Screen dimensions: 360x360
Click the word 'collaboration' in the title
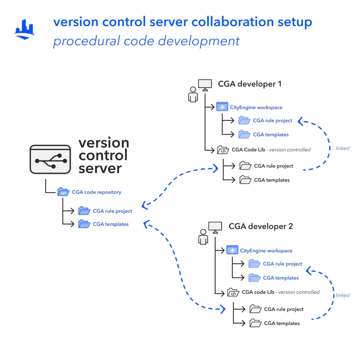[x=233, y=22]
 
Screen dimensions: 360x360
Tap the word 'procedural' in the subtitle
[x=86, y=41]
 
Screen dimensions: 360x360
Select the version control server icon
[x=50, y=160]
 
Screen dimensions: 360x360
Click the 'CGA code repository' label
[x=96, y=192]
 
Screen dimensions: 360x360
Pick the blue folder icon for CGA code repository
[x=63, y=192]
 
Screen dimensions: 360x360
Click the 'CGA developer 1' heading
[x=250, y=84]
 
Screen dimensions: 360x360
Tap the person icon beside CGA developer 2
[x=203, y=237]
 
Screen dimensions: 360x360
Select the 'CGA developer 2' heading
[x=261, y=226]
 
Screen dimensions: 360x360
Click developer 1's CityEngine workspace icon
[x=222, y=107]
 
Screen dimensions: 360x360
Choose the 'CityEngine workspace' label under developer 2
[x=266, y=251]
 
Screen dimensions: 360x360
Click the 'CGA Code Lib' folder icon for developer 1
[x=223, y=150]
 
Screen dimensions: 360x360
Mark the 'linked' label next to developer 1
[x=343, y=148]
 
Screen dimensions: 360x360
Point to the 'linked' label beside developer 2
[x=343, y=295]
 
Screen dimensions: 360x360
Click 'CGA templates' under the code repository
[x=111, y=224]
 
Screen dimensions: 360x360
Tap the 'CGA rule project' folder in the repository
[x=84, y=211]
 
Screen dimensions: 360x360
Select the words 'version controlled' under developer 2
[x=299, y=292]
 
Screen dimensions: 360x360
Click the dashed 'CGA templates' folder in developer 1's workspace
[x=244, y=134]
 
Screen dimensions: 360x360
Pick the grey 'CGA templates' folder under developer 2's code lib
[x=255, y=323]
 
